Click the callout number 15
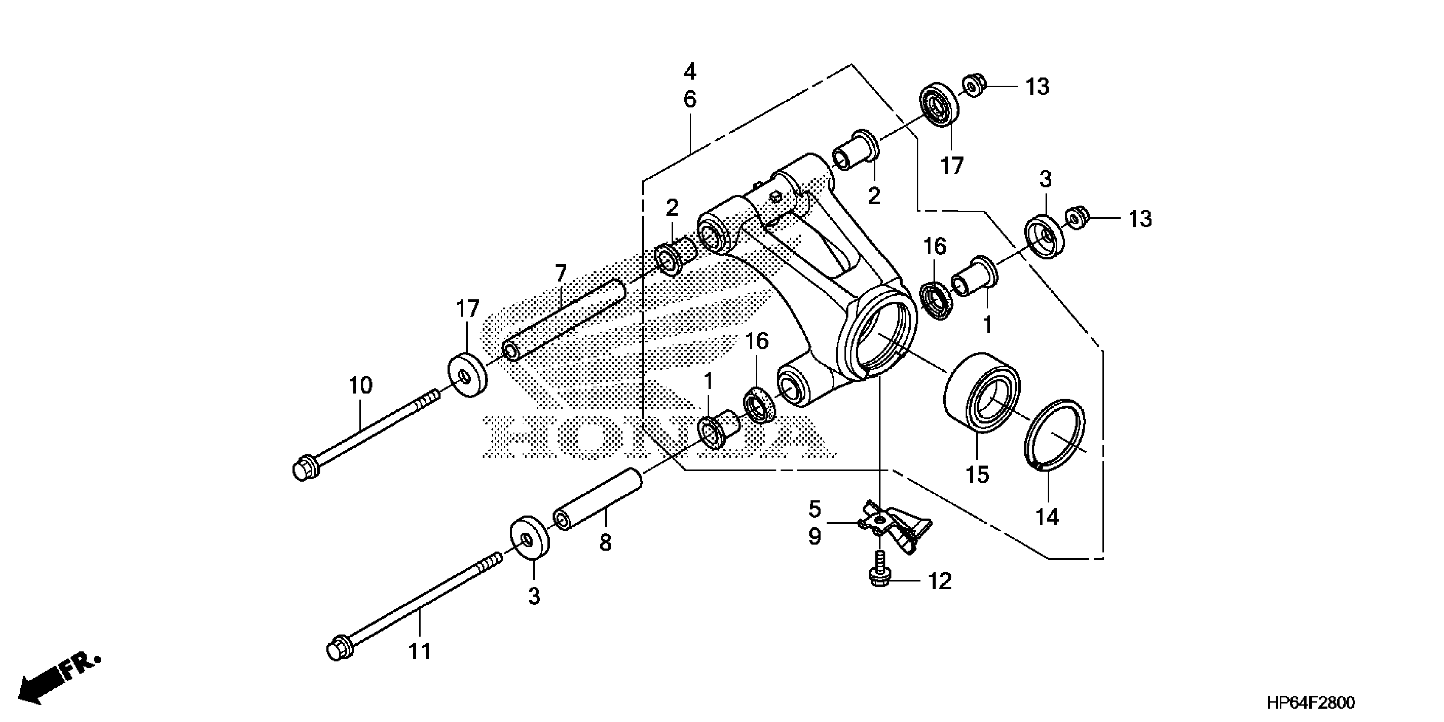(977, 475)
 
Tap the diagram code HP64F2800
(1311, 702)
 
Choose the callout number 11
(419, 651)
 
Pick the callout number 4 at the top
(690, 72)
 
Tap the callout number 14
(1046, 516)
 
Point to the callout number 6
(690, 100)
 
